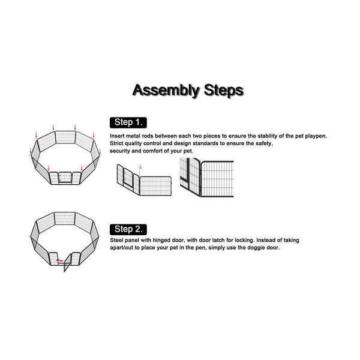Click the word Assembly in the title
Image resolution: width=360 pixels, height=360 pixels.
click(166, 91)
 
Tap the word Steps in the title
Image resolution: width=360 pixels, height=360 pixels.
click(224, 90)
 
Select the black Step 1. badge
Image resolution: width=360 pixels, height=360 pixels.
click(128, 122)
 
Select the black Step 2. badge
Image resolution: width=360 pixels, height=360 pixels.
click(128, 229)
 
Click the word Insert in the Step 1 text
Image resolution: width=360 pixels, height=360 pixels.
click(116, 136)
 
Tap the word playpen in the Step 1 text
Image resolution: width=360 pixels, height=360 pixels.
click(316, 136)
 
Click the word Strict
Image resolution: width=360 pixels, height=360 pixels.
click(116, 143)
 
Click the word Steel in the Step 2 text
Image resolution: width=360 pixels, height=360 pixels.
click(116, 240)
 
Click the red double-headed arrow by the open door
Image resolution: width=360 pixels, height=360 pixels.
click(60, 260)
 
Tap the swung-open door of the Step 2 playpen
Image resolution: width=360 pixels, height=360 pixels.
click(67, 263)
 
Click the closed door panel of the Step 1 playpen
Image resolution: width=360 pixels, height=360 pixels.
click(65, 177)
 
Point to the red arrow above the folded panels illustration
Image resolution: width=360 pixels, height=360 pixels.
click(140, 167)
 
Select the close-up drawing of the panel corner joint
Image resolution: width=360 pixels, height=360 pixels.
click(206, 177)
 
